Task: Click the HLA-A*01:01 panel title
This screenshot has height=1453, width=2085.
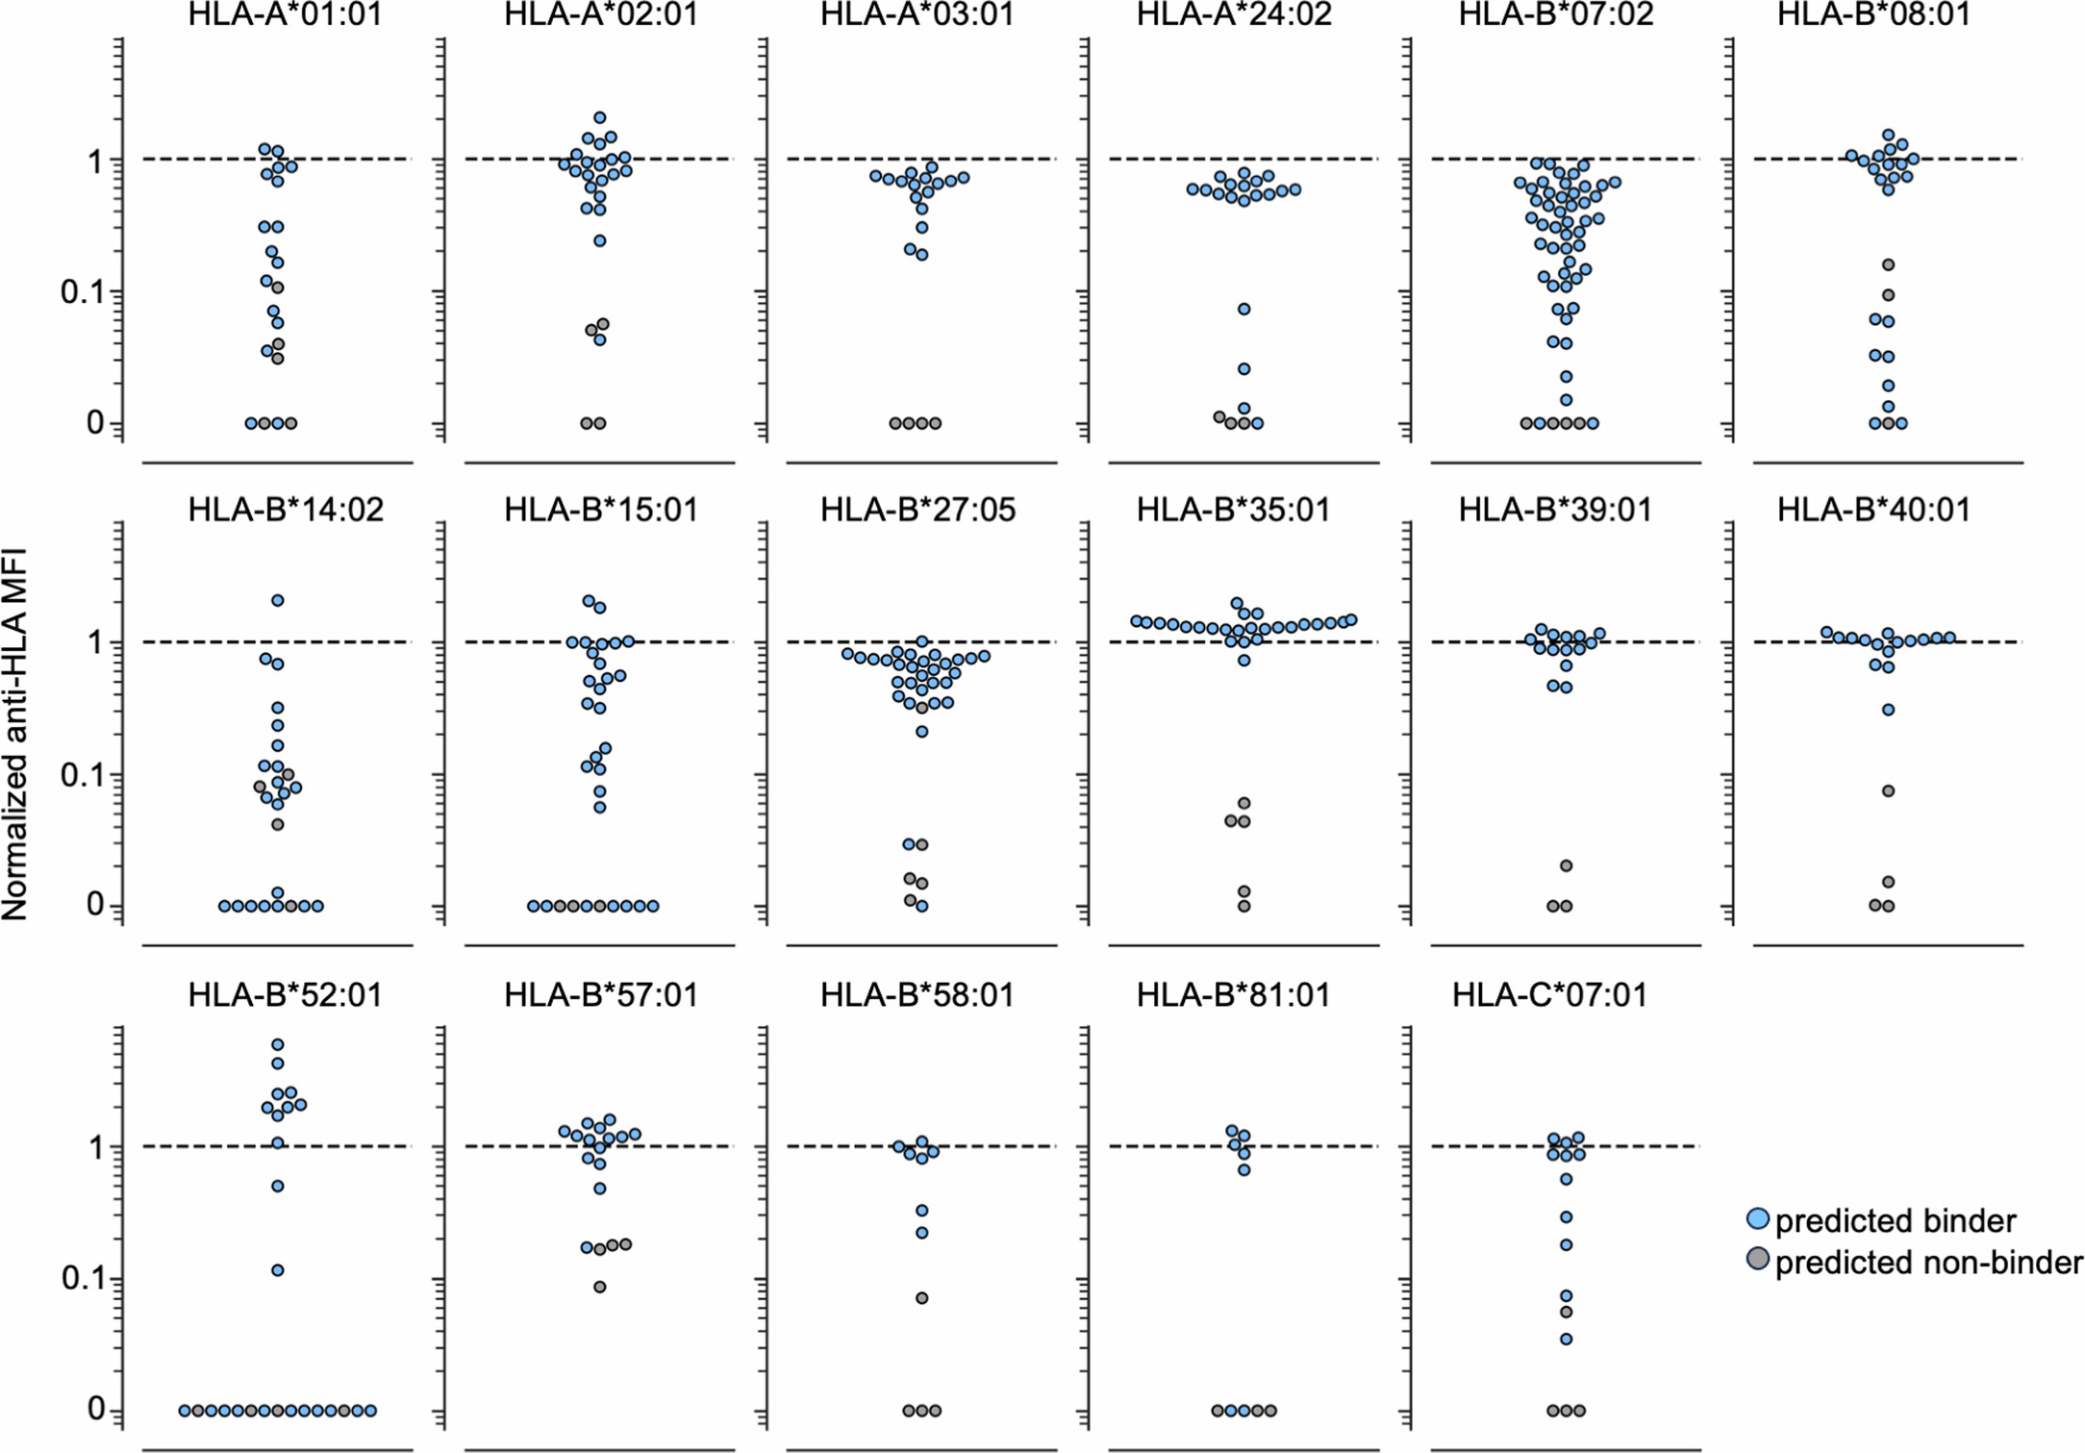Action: coord(285,14)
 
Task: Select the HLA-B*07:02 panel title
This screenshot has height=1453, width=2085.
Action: coord(1555,14)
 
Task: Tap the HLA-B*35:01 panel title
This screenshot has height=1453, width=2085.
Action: coord(1234,510)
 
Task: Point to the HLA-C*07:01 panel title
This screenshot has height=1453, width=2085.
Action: coord(1549,994)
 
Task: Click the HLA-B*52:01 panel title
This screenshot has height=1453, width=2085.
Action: coord(285,994)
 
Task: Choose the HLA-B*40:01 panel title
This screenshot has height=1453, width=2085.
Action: coord(1873,510)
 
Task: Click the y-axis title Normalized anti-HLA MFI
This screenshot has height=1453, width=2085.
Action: coord(15,734)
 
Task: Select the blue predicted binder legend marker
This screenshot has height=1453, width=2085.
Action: coord(1757,1219)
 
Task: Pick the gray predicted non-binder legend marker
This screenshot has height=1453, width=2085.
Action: coord(1757,1260)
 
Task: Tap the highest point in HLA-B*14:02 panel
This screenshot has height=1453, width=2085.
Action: coord(277,600)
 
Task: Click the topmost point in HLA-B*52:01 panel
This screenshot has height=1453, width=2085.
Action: coord(277,1044)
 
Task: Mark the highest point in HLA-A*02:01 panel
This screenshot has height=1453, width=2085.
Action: coord(599,118)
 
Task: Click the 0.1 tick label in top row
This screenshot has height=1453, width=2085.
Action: coord(81,291)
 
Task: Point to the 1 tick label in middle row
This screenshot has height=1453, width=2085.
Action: coord(94,642)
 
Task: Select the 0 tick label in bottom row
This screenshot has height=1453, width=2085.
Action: coord(95,1409)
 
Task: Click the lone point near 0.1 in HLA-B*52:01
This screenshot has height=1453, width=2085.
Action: coord(277,1270)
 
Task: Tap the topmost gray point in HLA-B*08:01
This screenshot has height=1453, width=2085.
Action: coord(1888,264)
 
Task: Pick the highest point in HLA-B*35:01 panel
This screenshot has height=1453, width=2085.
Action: coord(1237,604)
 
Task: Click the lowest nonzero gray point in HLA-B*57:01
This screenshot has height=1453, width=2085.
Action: coord(599,1287)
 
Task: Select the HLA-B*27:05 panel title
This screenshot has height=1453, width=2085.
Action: coord(917,510)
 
